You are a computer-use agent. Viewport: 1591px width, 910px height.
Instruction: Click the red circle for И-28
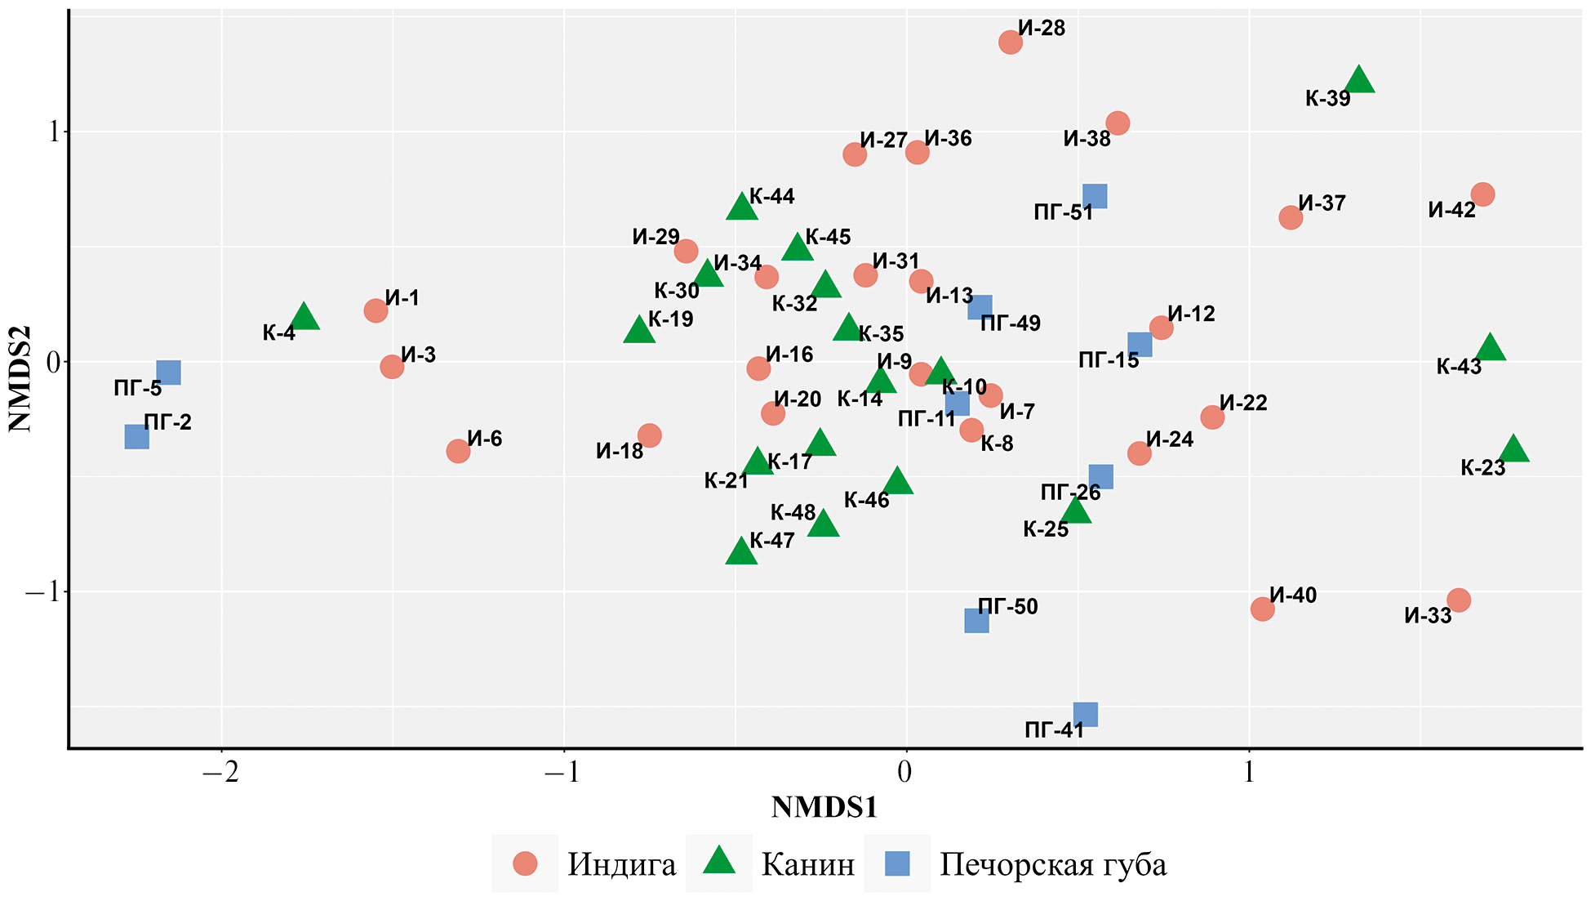coord(1010,42)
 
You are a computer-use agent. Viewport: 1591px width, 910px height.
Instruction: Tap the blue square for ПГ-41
coord(1085,715)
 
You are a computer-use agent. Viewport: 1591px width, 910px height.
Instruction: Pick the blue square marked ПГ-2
coord(137,437)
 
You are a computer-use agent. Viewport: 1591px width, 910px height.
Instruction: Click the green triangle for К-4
coord(304,317)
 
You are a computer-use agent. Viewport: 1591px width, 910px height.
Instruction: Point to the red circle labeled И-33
coord(1459,600)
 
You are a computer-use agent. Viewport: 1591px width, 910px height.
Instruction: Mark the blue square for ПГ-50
coord(976,621)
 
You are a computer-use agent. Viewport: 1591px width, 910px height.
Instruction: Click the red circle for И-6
coord(458,451)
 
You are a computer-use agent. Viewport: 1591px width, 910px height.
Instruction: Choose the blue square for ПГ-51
coord(1095,196)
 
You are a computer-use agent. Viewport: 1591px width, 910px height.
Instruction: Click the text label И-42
coord(1451,210)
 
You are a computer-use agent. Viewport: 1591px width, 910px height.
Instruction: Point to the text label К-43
coord(1459,367)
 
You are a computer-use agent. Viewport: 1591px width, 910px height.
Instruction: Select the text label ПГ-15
coord(1108,360)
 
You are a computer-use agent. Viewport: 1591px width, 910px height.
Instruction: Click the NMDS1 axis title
coord(824,807)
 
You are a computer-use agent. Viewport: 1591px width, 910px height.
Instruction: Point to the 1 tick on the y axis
coord(56,132)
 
